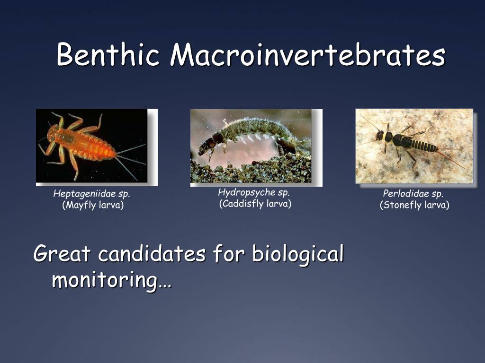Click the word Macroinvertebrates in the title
pos(308,55)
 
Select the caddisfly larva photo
pos(251,146)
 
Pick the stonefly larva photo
pos(414,146)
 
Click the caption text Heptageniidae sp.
pos(92,194)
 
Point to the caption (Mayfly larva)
pos(93,205)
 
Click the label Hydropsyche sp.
pos(254,193)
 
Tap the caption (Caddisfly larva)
pos(255,204)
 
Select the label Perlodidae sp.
pos(413,194)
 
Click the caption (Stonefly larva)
pos(414,205)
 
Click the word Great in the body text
pos(62,254)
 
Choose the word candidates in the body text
pos(152,254)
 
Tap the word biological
pos(297,254)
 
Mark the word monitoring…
pos(111,280)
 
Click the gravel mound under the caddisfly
pos(251,173)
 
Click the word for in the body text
pos(228,254)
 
